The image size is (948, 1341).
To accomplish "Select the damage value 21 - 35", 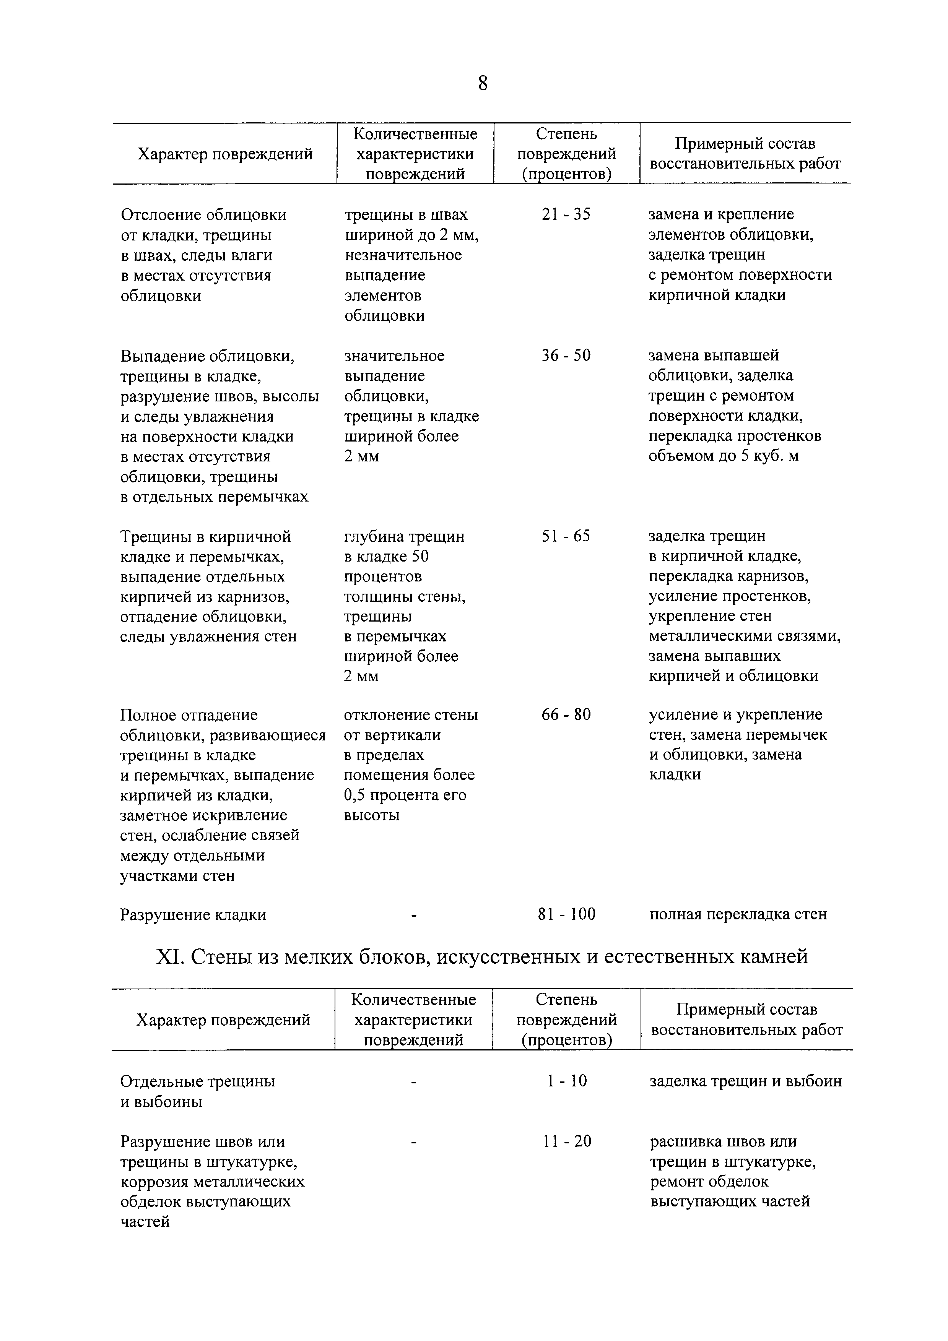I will [x=566, y=214].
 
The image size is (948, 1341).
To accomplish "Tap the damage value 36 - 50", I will [x=566, y=355].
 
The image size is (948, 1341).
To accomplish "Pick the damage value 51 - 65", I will [x=566, y=536].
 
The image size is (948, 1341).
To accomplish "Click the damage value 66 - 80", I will [x=566, y=714].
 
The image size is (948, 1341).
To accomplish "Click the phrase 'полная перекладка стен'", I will [x=738, y=914].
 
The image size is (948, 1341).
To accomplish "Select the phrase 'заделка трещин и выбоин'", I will [x=745, y=1081].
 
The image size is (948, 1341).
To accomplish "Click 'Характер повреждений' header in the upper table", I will [x=225, y=154].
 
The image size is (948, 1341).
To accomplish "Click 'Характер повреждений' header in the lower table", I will [x=223, y=1020].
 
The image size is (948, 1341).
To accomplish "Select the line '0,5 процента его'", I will [x=405, y=795].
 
